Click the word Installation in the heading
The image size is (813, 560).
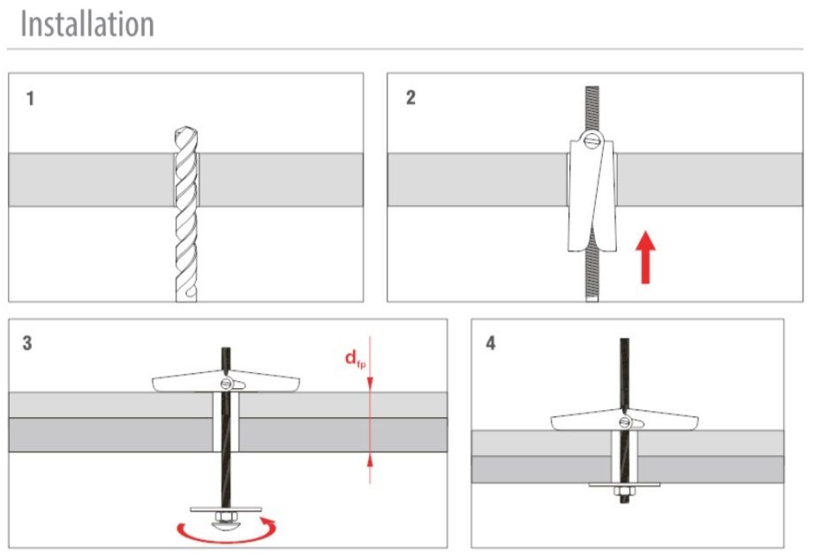click(x=87, y=24)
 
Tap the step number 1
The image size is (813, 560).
click(x=31, y=98)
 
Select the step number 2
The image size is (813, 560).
click(x=410, y=98)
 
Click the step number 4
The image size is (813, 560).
click(x=491, y=343)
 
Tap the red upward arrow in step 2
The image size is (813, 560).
click(x=647, y=256)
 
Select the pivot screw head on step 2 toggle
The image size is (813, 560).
click(x=591, y=140)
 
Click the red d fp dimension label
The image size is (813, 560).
click(x=354, y=360)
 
